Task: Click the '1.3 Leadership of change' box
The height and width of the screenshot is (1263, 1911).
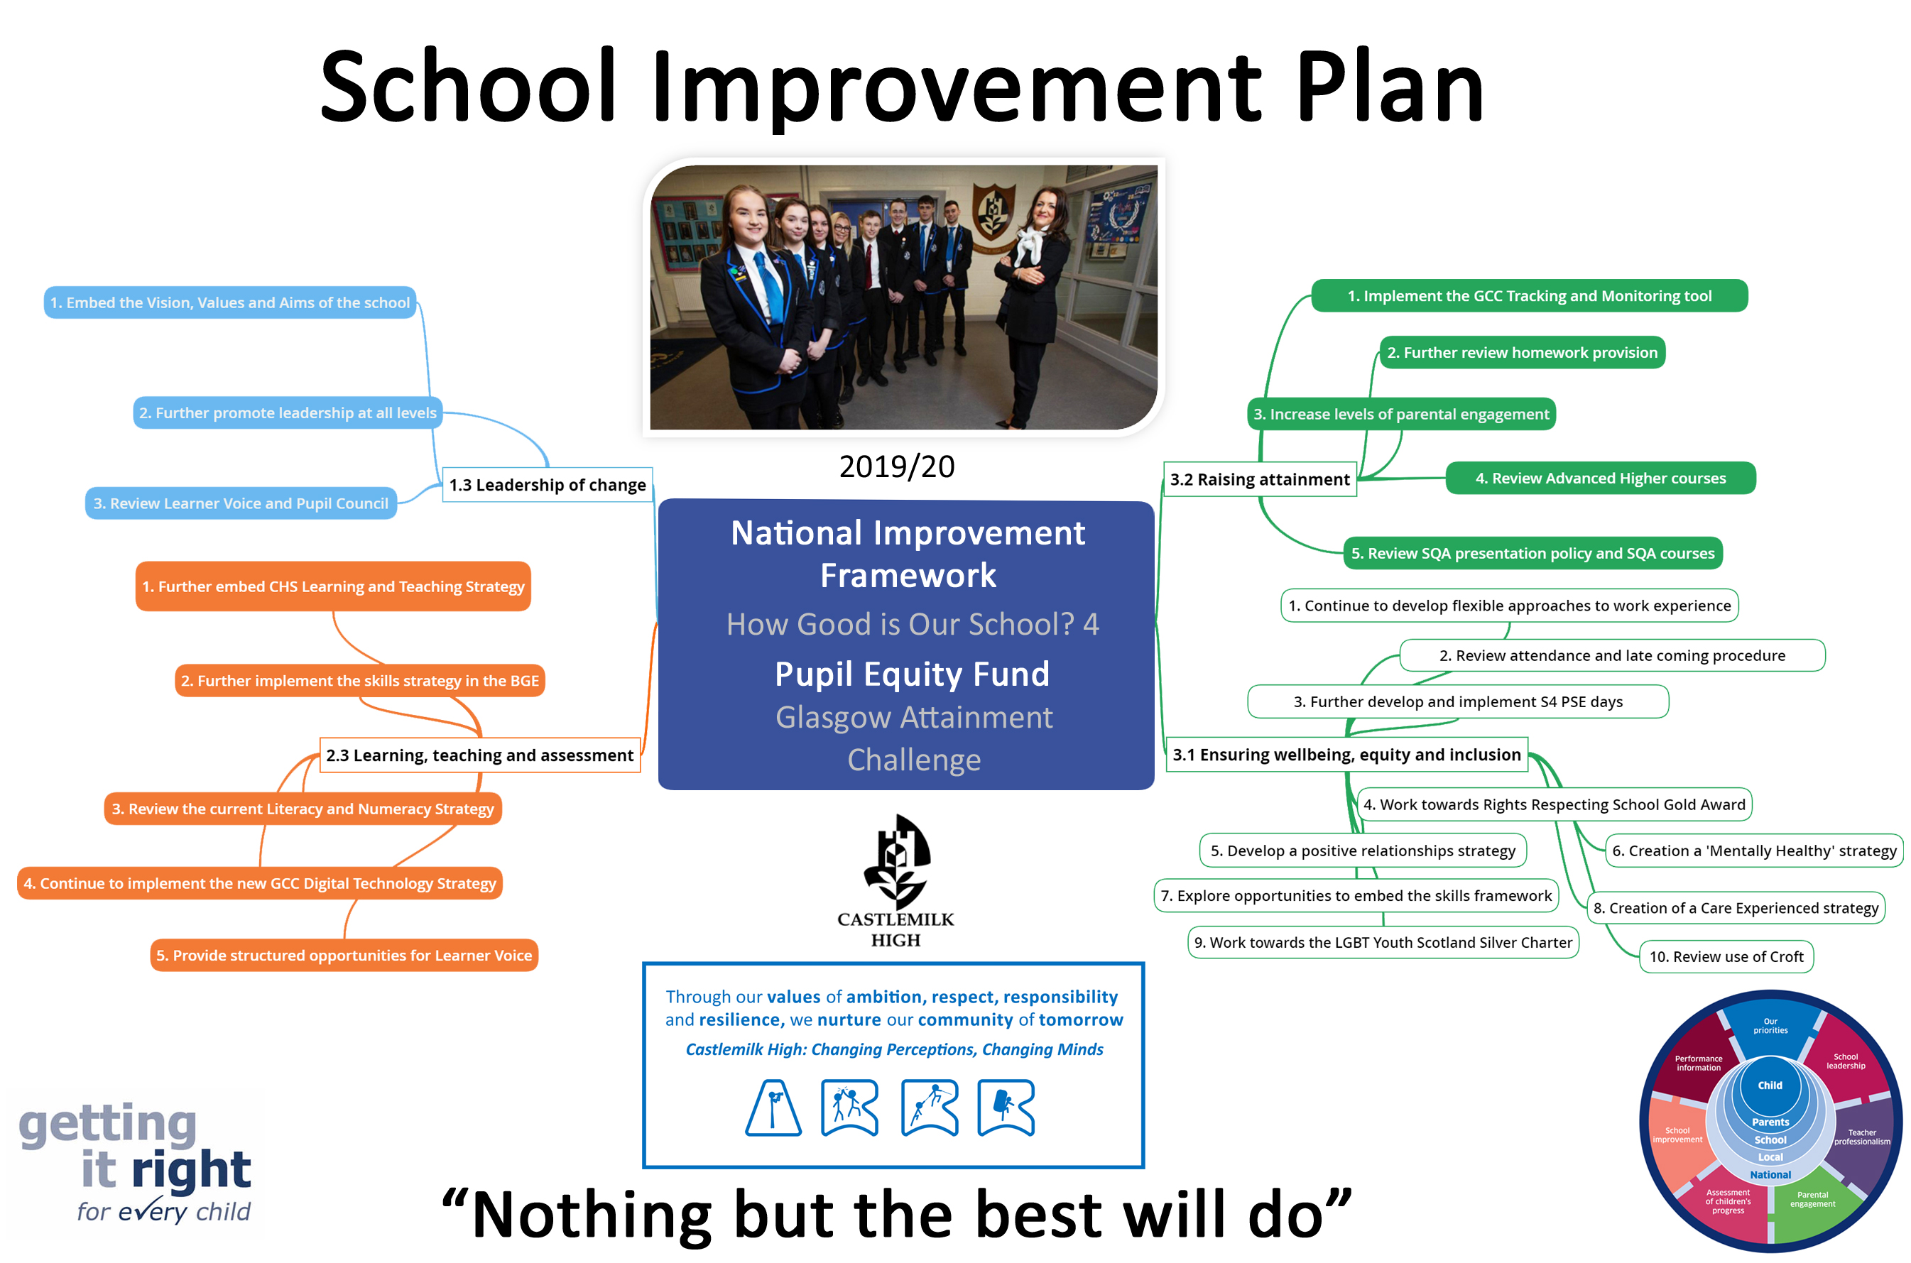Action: pyautogui.click(x=547, y=484)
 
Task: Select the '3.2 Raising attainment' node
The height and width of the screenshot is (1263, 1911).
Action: pyautogui.click(x=1259, y=479)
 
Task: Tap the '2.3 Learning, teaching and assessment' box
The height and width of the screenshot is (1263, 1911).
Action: pyautogui.click(x=479, y=755)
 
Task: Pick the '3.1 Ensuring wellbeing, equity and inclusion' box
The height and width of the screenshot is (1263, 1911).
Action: pyautogui.click(x=1346, y=754)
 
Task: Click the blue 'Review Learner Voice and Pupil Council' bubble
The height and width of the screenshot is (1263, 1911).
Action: pyautogui.click(x=241, y=503)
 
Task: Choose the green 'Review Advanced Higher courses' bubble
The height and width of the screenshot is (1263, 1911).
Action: pyautogui.click(x=1600, y=478)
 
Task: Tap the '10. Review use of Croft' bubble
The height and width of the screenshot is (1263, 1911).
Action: pyautogui.click(x=1726, y=956)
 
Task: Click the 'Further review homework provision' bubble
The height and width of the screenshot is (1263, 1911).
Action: pyautogui.click(x=1522, y=352)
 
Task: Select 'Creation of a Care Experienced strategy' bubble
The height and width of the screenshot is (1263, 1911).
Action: pyautogui.click(x=1736, y=908)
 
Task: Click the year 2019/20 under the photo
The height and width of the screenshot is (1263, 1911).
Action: pyautogui.click(x=897, y=466)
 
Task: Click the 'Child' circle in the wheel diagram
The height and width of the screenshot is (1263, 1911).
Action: pyautogui.click(x=1769, y=1085)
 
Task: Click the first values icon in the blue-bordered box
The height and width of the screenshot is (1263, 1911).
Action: pyautogui.click(x=773, y=1108)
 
